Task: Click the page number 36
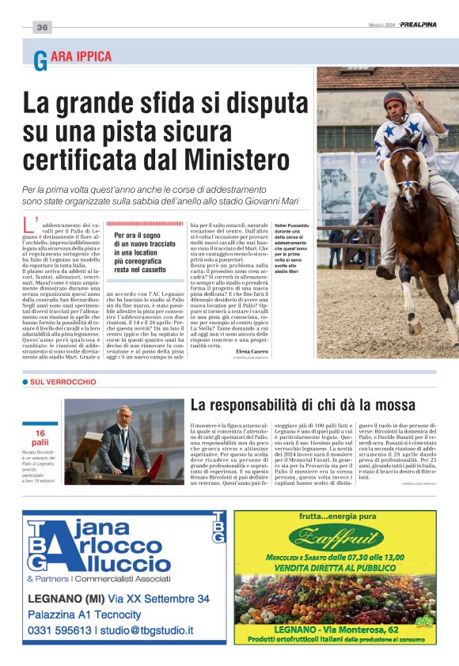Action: pos(42,28)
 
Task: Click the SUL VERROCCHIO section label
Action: pos(63,382)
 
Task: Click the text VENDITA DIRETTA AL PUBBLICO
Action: pos(336,568)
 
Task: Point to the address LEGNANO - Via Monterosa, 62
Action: pos(336,628)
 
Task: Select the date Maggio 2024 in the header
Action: pos(383,25)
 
